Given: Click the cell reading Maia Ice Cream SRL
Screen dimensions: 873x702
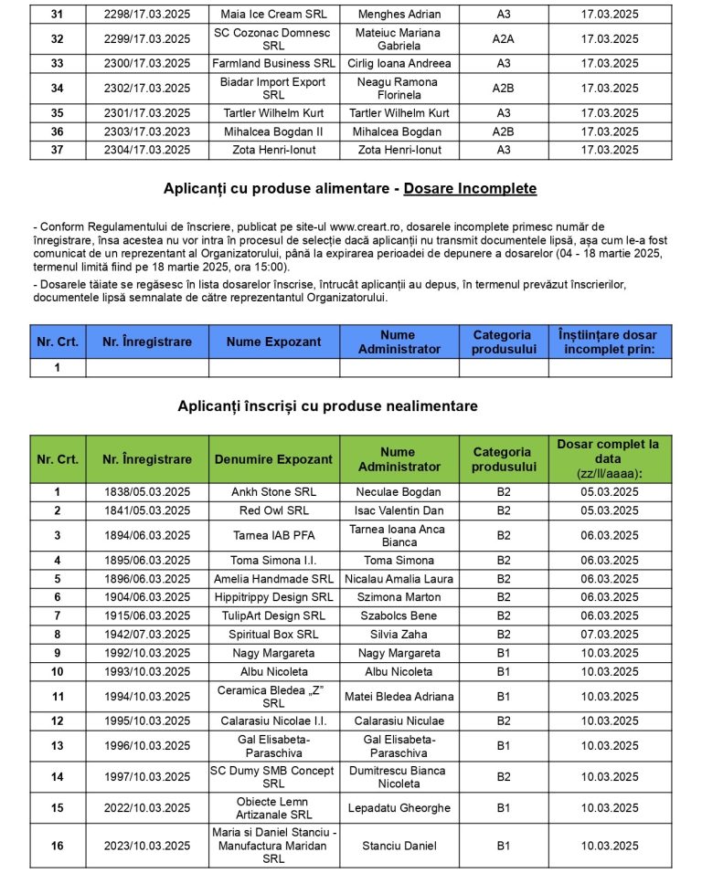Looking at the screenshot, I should click(x=273, y=15).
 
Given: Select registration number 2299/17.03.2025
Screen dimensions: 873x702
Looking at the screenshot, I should click(x=147, y=39).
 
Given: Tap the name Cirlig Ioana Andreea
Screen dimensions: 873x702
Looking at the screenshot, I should click(x=399, y=64).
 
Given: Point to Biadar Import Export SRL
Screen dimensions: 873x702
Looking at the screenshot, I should click(x=273, y=89).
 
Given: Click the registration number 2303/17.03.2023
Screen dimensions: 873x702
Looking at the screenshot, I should click(x=147, y=131).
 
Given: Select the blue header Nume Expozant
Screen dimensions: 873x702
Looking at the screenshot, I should click(x=273, y=342).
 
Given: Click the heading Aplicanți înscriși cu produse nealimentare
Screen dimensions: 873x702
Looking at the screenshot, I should click(x=327, y=406).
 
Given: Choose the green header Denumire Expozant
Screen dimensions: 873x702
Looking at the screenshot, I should click(x=273, y=459).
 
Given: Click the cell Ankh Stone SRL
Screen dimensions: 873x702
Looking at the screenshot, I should click(x=273, y=492).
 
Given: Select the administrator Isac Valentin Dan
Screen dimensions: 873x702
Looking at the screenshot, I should click(x=399, y=510).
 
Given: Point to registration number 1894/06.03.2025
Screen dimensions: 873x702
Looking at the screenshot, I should click(x=147, y=536).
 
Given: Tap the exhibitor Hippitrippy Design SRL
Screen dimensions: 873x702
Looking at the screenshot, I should click(x=273, y=597).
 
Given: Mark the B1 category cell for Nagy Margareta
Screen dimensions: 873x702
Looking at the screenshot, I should click(x=504, y=653).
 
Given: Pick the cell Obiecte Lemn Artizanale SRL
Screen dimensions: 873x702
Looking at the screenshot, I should click(x=273, y=808).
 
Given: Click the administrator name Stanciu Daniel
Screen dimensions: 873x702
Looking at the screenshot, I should click(x=399, y=847).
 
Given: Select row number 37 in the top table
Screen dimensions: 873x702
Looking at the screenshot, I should click(x=58, y=150).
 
